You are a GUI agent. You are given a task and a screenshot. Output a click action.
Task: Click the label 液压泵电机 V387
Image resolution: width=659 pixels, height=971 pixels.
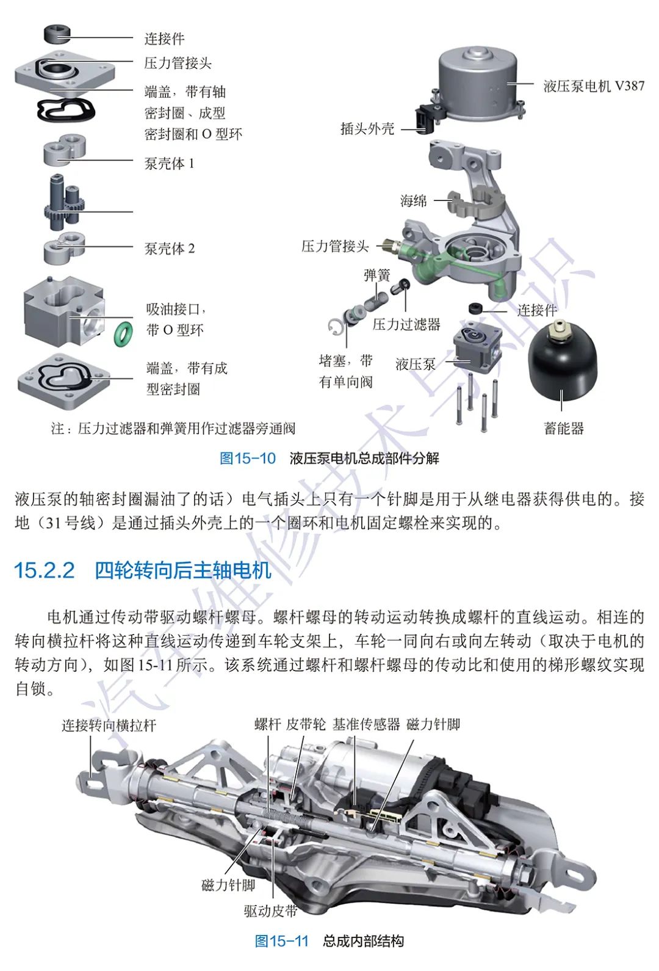[x=593, y=86]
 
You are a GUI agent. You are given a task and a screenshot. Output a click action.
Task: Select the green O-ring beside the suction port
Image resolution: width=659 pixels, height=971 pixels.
[x=124, y=333]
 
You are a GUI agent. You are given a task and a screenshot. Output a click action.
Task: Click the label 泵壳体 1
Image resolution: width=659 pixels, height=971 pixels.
[x=169, y=164]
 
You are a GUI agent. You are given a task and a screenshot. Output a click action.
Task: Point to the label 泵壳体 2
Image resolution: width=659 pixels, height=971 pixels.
[x=169, y=249]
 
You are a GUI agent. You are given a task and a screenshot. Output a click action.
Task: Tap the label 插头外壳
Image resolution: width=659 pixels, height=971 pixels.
[x=367, y=129]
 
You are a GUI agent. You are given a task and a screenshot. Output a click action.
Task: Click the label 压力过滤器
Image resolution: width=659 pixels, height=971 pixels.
[x=406, y=324]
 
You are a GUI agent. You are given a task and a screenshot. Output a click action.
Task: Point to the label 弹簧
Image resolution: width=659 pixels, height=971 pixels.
[x=376, y=275]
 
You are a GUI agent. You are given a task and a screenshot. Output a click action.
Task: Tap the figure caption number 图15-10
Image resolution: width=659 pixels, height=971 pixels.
[x=248, y=458]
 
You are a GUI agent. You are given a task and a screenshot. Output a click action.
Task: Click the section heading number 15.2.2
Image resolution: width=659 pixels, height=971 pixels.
[x=44, y=570]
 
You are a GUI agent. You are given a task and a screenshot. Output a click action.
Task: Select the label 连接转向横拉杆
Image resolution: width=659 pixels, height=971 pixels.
[x=109, y=726]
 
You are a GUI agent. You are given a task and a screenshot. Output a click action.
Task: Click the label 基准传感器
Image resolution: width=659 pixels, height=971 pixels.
[x=366, y=724]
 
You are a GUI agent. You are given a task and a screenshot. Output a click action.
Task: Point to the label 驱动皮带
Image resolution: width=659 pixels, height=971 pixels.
[x=270, y=911]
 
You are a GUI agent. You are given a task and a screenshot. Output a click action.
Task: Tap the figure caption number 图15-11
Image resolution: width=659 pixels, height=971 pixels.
[x=282, y=940]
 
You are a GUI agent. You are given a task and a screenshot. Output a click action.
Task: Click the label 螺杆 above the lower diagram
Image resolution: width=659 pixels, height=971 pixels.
[x=267, y=724]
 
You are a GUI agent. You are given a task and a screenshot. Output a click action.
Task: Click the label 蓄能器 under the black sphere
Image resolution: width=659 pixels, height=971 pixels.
[x=564, y=428]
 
